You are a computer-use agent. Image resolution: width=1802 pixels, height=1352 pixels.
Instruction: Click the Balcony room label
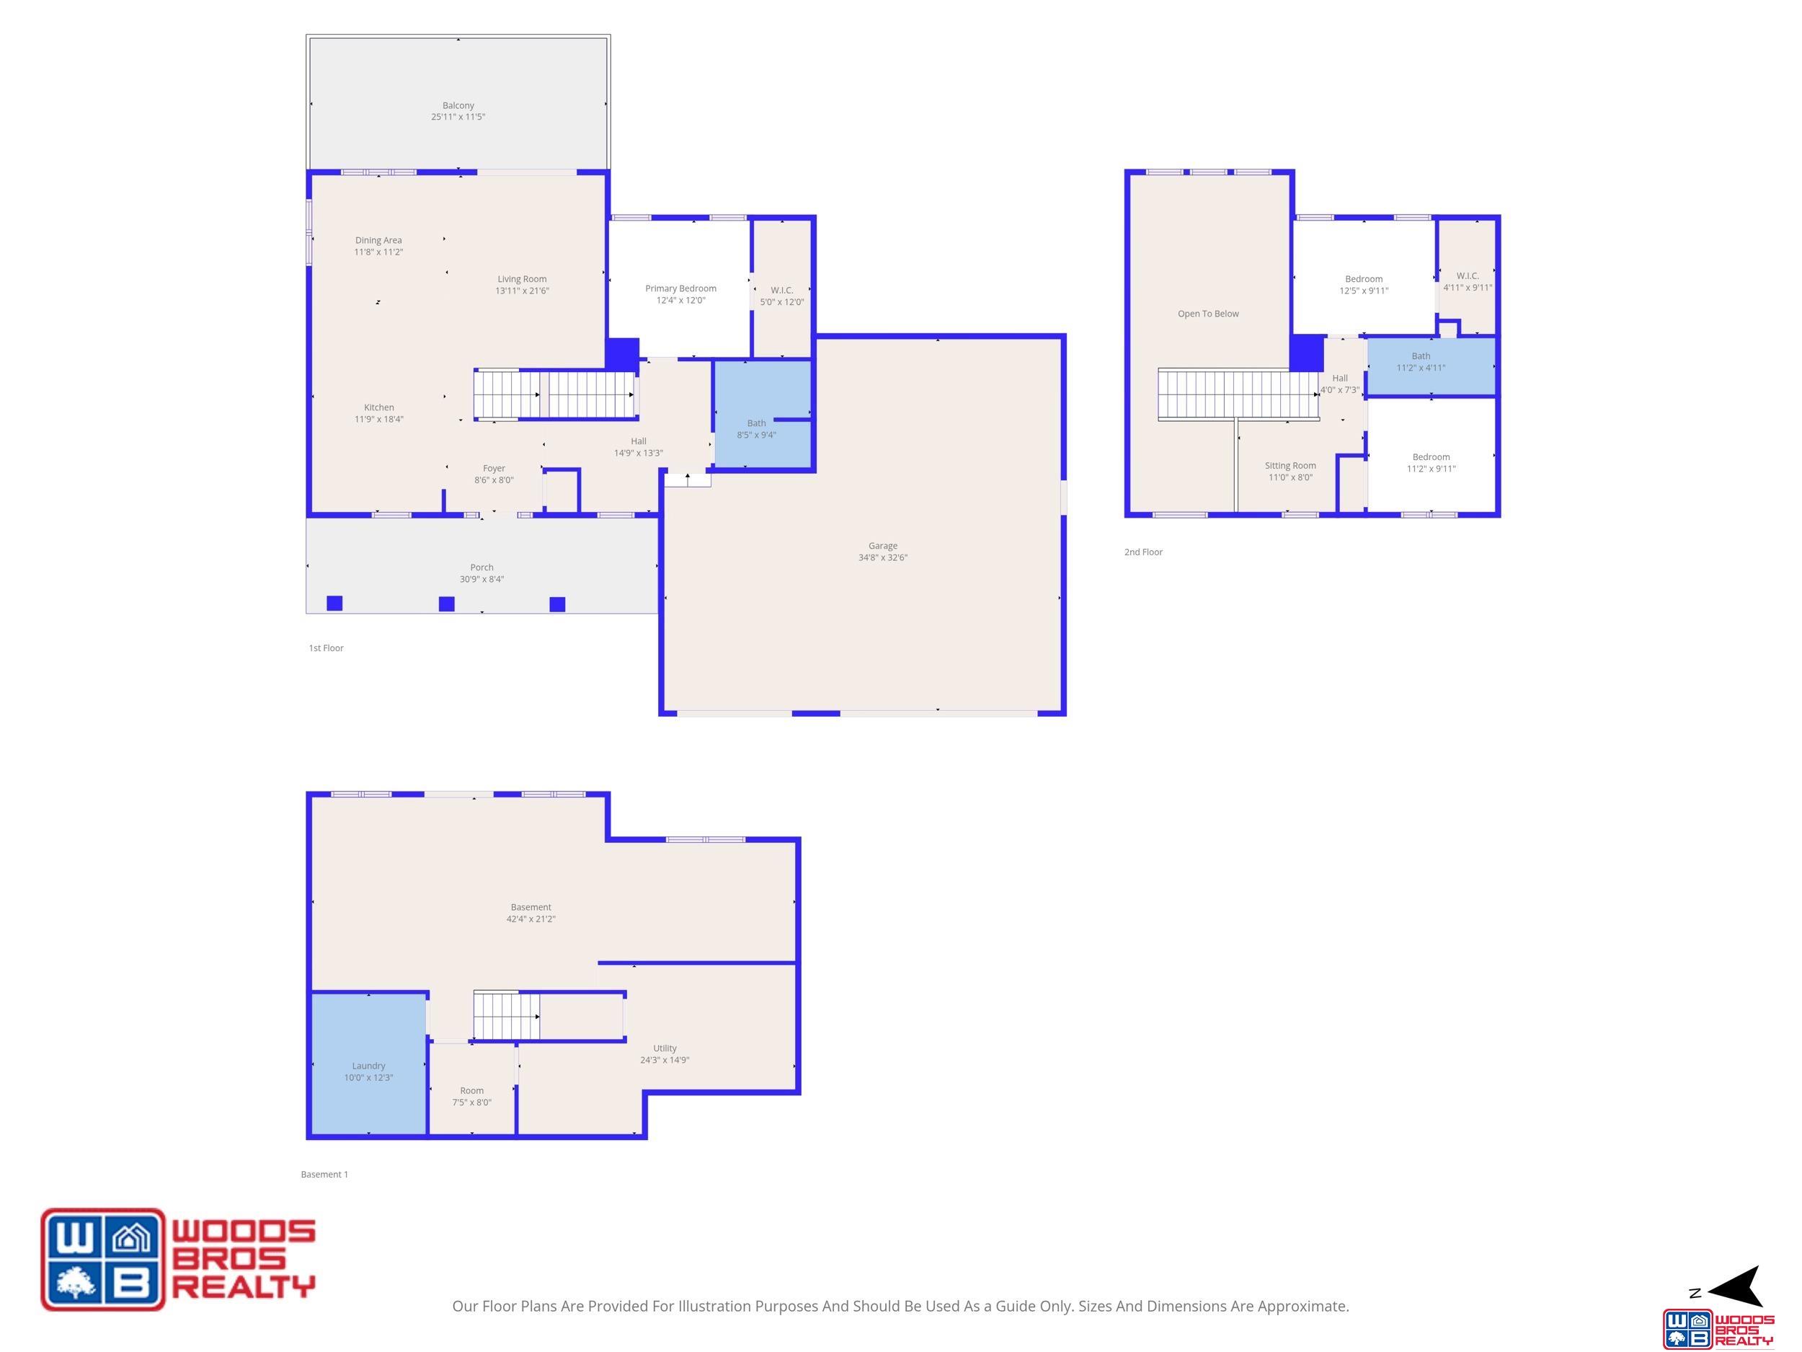pos(458,105)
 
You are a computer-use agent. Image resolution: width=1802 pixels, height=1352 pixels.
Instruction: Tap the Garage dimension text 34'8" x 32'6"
pos(882,557)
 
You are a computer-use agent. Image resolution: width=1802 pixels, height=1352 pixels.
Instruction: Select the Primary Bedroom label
pos(680,288)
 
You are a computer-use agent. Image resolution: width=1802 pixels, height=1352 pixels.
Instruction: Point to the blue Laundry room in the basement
pos(369,1063)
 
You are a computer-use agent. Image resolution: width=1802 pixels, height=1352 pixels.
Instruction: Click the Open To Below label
pos(1208,314)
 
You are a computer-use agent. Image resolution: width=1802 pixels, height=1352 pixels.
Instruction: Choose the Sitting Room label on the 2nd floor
pos(1290,466)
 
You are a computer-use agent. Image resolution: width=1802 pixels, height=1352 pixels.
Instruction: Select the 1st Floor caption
pos(326,648)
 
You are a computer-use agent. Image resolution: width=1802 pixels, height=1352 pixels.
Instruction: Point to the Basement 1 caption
pos(324,1175)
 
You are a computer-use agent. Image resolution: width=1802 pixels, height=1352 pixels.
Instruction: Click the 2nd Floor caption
pos(1143,552)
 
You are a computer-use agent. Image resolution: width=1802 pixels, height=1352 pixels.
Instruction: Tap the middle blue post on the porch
pos(446,604)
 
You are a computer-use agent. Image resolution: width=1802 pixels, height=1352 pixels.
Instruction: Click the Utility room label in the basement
pos(665,1048)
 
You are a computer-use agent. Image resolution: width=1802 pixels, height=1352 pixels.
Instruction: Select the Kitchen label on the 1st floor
pos(379,407)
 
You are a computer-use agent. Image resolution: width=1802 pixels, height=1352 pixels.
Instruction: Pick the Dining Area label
pos(378,240)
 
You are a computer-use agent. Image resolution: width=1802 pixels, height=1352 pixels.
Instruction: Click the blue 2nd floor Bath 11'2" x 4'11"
pos(1432,367)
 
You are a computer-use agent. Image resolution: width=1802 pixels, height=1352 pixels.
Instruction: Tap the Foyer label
pos(494,469)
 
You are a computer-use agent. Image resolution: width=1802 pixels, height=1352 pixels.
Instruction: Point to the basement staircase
pos(507,1016)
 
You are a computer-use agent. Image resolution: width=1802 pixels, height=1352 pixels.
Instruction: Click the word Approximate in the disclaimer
pos(1302,1306)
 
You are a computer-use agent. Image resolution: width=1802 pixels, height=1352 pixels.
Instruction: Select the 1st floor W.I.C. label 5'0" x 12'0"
pos(782,290)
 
